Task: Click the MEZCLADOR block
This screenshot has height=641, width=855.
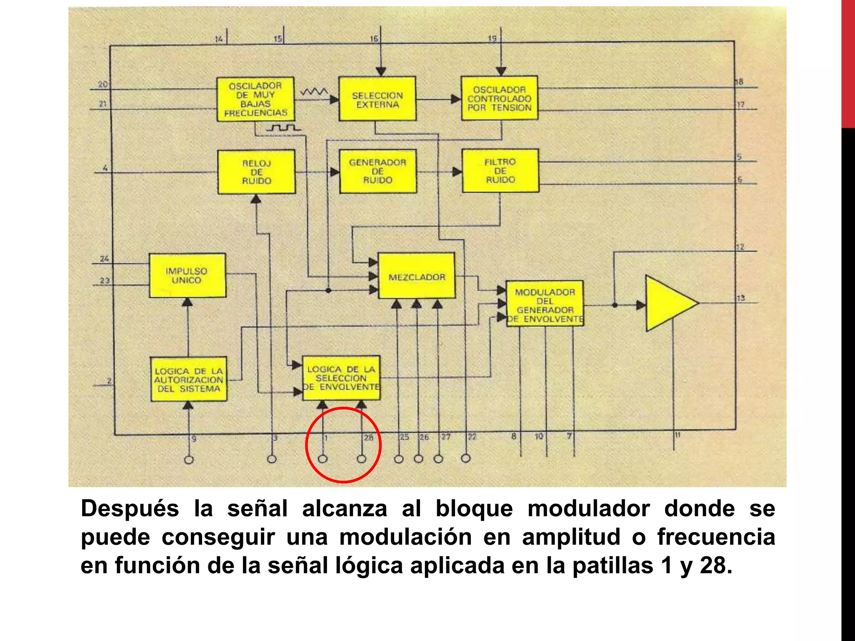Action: [x=417, y=276]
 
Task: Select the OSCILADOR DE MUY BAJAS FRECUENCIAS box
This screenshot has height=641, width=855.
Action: [x=255, y=99]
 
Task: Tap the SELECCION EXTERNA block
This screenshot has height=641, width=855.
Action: [x=377, y=99]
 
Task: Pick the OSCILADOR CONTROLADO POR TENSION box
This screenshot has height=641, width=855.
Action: [x=499, y=98]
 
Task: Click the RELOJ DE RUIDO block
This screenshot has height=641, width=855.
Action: [x=256, y=172]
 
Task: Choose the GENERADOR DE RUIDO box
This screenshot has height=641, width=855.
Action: [x=378, y=172]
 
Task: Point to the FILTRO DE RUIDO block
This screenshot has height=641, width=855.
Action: [x=500, y=171]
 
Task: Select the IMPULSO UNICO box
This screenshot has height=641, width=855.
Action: [x=187, y=275]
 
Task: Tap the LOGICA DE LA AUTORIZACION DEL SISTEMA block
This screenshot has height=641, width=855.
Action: [x=189, y=379]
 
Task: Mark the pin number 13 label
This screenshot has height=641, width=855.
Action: [x=741, y=298]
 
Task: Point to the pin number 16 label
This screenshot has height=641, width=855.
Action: [x=374, y=39]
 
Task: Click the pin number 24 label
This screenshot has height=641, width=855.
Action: [x=104, y=259]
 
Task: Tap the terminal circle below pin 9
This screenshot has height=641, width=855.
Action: [x=189, y=460]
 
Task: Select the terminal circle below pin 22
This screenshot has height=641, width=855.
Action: [x=466, y=459]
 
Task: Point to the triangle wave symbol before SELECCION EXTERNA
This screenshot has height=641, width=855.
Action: [x=315, y=91]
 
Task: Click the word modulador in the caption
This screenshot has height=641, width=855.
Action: [x=589, y=509]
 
